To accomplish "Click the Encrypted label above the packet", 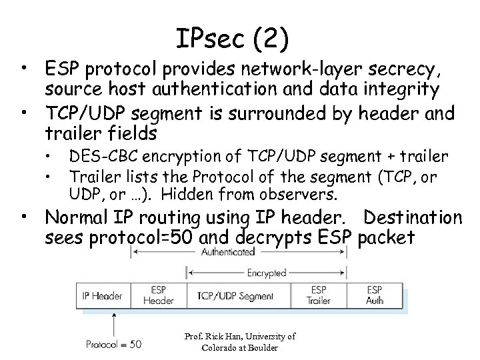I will (x=267, y=272).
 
